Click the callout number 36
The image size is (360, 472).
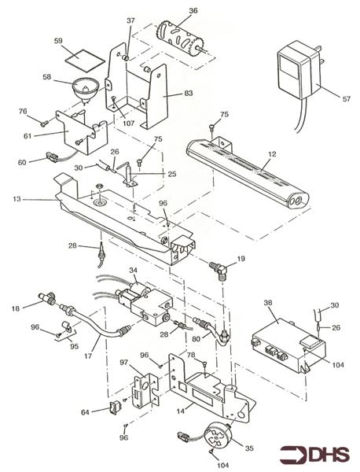coord(193,10)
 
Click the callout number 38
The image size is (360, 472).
coord(268,302)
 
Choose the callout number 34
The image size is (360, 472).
coord(133,270)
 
